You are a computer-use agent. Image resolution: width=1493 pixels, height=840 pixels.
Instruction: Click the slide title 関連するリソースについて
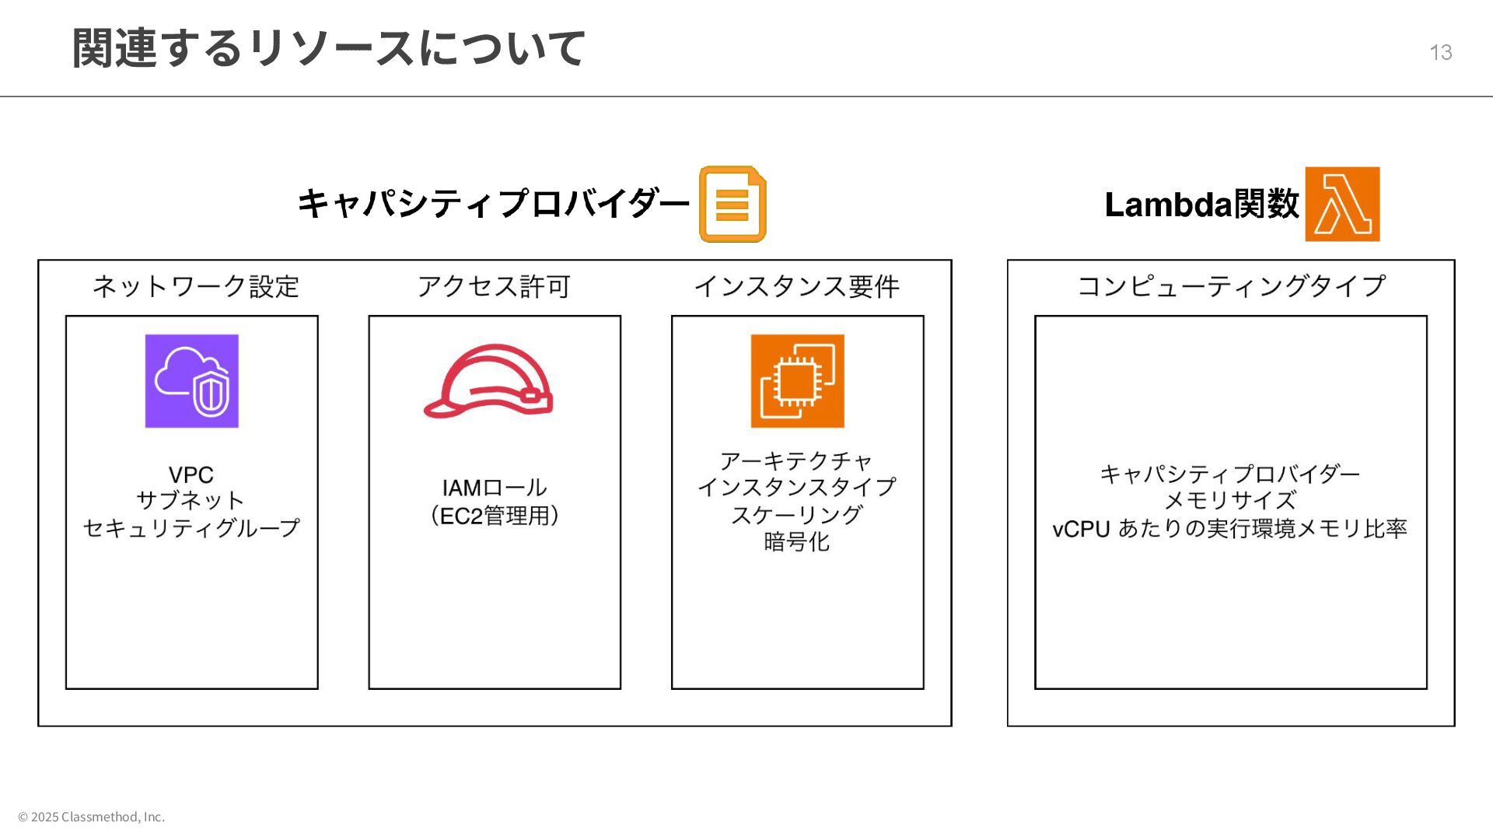click(x=328, y=48)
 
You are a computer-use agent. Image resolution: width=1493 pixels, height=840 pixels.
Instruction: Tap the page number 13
click(x=1440, y=53)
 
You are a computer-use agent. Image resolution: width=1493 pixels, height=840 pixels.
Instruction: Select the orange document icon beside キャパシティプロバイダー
click(x=733, y=204)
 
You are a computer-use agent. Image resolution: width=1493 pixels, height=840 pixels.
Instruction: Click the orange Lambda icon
click(x=1342, y=204)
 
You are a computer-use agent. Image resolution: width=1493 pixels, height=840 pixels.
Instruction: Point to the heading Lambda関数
click(x=1201, y=205)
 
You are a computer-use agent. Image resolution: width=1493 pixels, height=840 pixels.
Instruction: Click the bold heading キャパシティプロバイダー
click(x=494, y=204)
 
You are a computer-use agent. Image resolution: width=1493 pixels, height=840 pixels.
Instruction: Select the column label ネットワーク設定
click(x=196, y=287)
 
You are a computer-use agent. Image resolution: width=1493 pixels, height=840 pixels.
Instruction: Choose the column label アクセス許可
click(x=494, y=287)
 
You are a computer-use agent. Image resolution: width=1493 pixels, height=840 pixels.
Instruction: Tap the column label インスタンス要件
click(x=797, y=287)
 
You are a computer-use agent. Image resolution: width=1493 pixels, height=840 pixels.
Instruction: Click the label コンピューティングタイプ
click(x=1231, y=287)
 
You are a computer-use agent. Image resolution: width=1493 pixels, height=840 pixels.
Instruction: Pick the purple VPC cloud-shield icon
click(x=192, y=381)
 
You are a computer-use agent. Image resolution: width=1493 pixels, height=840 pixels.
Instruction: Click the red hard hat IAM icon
click(x=488, y=381)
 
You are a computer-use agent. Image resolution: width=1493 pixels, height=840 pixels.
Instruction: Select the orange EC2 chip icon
click(x=797, y=381)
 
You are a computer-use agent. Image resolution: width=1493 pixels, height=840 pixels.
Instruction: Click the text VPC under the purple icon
click(x=191, y=475)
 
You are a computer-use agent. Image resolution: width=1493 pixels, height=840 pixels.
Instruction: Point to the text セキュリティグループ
click(x=191, y=528)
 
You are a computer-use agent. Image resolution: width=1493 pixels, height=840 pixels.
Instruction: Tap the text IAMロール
click(x=495, y=488)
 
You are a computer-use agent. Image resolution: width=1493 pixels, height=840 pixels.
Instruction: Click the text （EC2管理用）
click(x=495, y=516)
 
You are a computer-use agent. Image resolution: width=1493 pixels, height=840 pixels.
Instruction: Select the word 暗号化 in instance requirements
click(x=797, y=542)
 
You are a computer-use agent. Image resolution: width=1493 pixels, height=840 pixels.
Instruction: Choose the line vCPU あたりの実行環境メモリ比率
click(x=1230, y=529)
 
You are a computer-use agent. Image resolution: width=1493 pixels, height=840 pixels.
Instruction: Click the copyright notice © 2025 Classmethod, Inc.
click(x=92, y=817)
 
